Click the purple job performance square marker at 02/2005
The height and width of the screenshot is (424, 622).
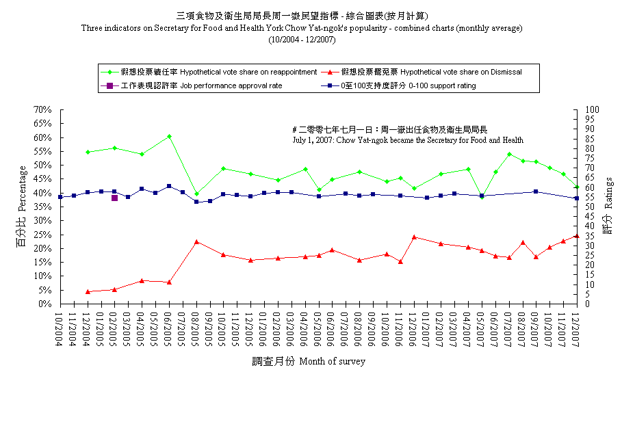(115, 198)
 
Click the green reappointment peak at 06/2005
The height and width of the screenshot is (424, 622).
(170, 137)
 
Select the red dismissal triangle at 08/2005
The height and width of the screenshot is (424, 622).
(196, 241)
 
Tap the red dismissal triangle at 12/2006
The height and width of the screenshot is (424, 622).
(414, 237)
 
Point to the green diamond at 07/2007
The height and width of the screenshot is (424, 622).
(509, 155)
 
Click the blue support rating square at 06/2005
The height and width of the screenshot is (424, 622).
(170, 186)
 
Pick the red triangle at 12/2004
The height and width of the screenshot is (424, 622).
(88, 291)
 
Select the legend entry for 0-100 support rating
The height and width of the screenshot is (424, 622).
(398, 85)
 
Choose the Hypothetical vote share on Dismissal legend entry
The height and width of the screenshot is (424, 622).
(422, 72)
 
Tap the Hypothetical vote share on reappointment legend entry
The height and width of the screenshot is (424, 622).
(209, 72)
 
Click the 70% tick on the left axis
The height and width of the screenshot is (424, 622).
(42, 109)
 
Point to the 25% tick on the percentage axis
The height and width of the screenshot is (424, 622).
(42, 235)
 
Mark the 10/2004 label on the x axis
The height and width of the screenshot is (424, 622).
(59, 330)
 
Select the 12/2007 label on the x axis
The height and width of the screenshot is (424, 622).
(576, 330)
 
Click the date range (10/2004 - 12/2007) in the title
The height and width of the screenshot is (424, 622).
(302, 40)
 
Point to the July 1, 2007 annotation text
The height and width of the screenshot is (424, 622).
(408, 140)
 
